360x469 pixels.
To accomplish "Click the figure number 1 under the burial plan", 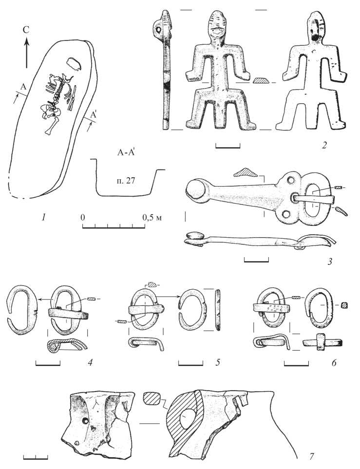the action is click(x=44, y=217).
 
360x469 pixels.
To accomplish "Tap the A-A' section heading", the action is click(x=125, y=153).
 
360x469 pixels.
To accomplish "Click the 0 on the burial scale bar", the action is click(x=83, y=217).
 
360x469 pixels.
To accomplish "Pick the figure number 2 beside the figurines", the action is click(x=323, y=146).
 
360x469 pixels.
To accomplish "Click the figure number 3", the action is click(x=329, y=262).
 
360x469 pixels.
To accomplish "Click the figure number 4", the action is click(x=90, y=362).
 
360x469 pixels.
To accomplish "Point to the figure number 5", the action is click(x=218, y=362).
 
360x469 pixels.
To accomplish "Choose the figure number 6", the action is click(x=334, y=362).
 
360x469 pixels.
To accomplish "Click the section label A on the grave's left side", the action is click(x=24, y=87).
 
